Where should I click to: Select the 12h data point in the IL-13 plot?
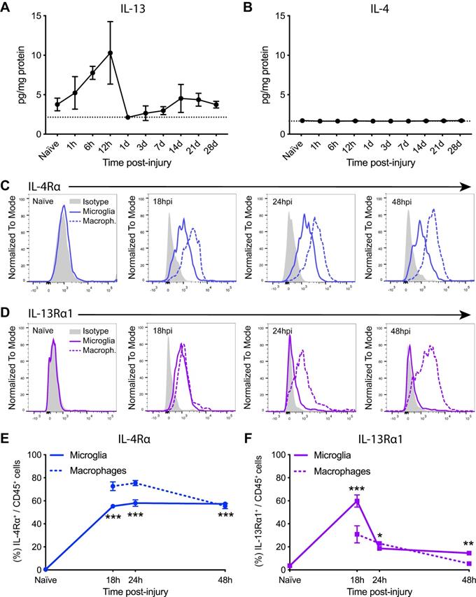pyautogui.click(x=110, y=53)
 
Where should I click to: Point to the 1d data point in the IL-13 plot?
pyautogui.click(x=127, y=117)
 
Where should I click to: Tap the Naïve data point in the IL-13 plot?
pyautogui.click(x=57, y=104)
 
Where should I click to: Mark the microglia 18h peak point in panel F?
pyautogui.click(x=356, y=501)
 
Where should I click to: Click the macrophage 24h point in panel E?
pyautogui.click(x=136, y=483)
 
